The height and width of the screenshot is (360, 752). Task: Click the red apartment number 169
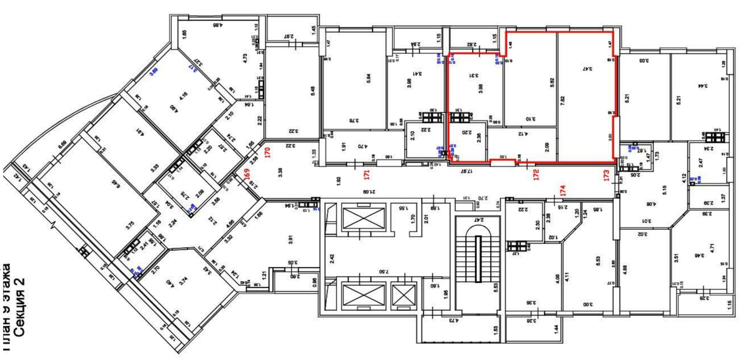[247, 174]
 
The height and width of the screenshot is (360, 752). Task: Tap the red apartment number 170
[268, 152]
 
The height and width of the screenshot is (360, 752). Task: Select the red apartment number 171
[367, 174]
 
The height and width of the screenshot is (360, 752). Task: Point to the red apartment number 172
[536, 174]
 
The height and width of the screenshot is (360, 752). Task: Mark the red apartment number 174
[563, 190]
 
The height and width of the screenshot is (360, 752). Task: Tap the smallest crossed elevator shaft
[403, 295]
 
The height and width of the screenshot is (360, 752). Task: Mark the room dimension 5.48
[312, 91]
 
